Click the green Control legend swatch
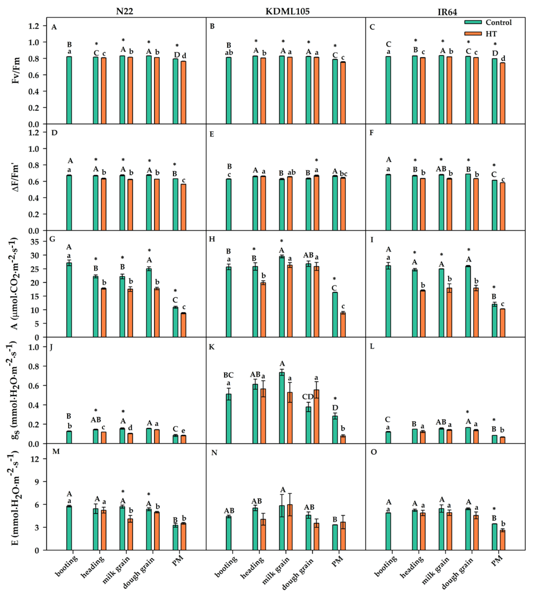click(x=473, y=22)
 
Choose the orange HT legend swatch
click(x=473, y=34)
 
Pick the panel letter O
click(x=374, y=452)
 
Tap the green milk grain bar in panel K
click(x=282, y=407)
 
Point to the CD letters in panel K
click(x=308, y=397)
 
